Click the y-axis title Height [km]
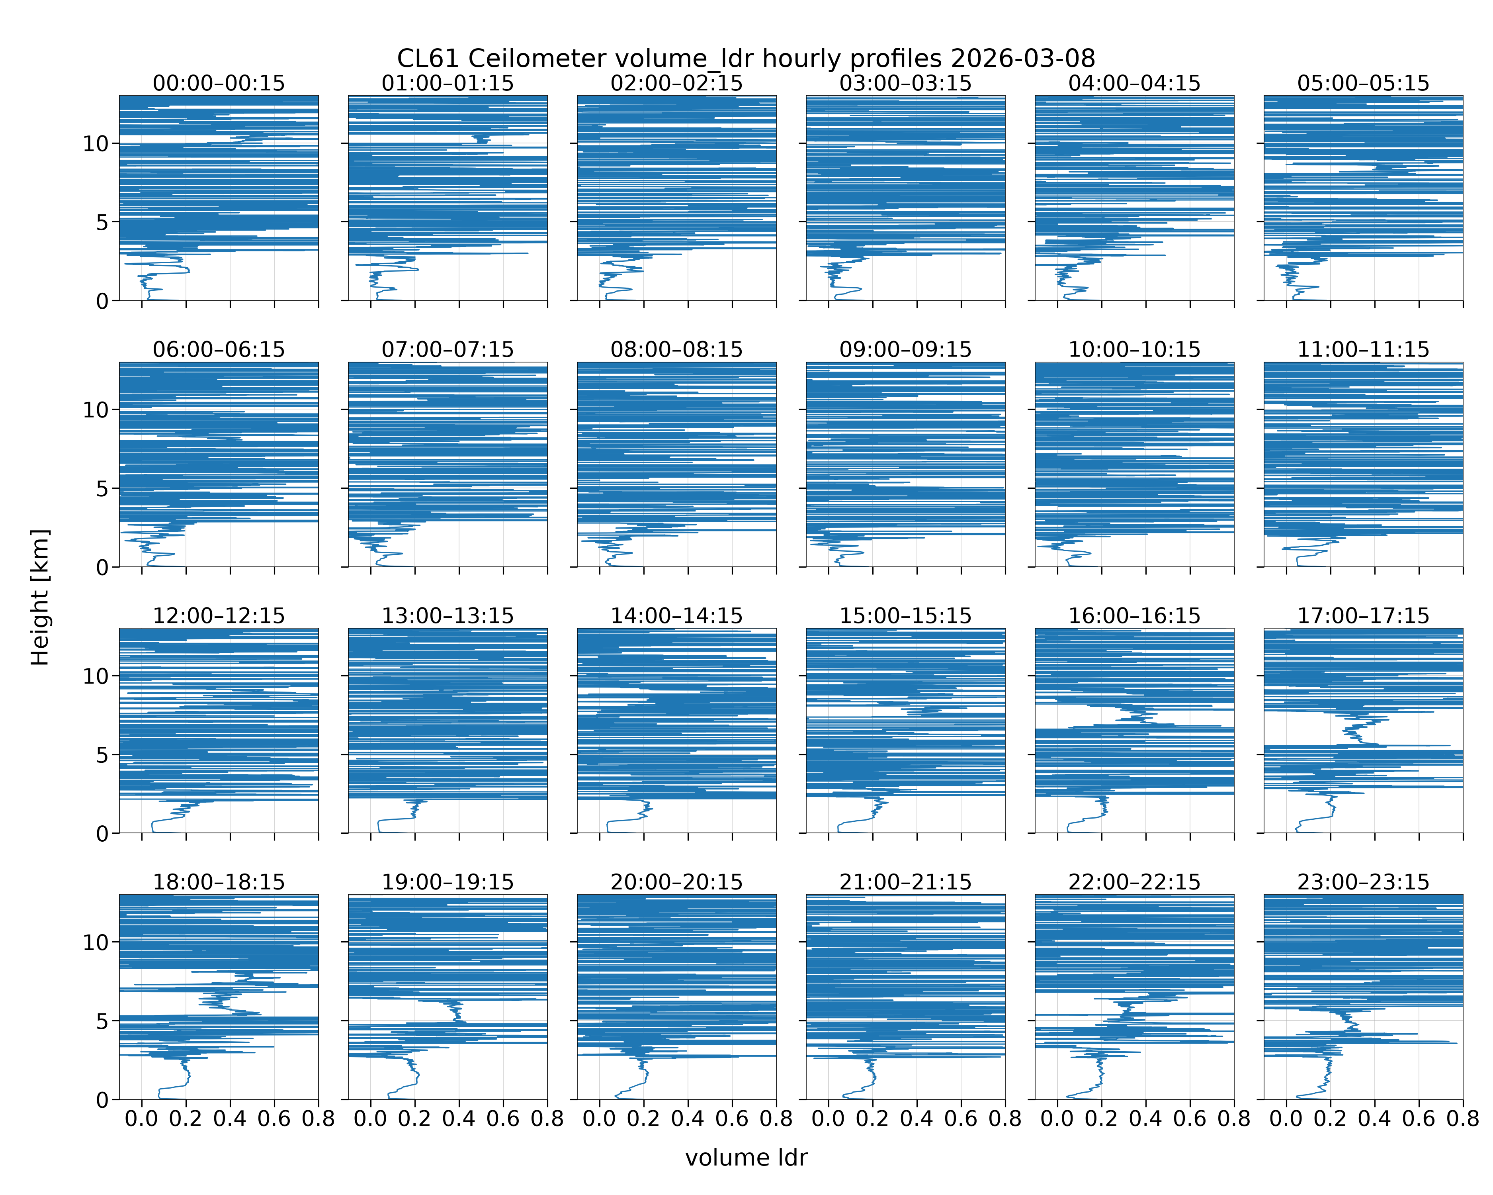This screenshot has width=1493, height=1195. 40,597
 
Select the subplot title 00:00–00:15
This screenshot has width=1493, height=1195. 219,83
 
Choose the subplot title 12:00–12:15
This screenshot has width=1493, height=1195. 219,616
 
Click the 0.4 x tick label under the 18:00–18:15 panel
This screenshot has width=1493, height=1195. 230,1119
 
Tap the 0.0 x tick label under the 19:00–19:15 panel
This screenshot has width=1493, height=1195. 371,1119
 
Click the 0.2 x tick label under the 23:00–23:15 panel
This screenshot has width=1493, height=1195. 1330,1119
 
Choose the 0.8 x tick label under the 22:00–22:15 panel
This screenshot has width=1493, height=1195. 1234,1119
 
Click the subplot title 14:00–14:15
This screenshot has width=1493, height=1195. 676,616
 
